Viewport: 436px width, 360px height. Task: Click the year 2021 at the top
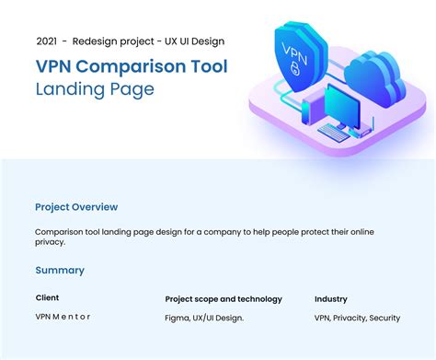point(47,41)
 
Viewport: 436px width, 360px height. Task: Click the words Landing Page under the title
point(95,89)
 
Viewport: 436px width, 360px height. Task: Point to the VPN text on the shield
point(293,53)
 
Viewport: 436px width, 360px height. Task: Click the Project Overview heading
point(76,207)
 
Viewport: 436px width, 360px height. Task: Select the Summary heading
point(60,270)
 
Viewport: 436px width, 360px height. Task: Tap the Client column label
point(47,297)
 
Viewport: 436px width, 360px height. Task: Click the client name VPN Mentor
point(63,317)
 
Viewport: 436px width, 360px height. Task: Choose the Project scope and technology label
point(224,298)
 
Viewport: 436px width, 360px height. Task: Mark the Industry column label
point(330,298)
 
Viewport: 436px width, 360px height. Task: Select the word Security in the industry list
point(384,318)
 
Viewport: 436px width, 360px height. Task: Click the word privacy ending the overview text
point(51,242)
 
